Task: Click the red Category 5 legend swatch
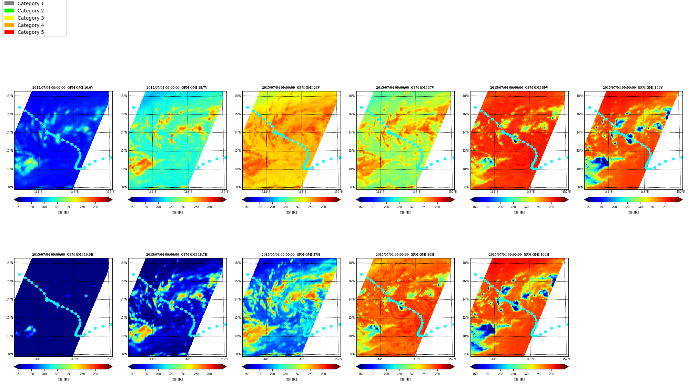click(x=9, y=32)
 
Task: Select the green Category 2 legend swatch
click(x=9, y=11)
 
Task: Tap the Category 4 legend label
click(x=31, y=25)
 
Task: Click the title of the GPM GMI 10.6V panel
click(x=63, y=88)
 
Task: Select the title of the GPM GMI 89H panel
click(x=405, y=255)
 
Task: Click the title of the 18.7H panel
click(x=177, y=255)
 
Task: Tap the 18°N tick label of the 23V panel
click(x=237, y=96)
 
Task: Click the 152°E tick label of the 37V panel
click(x=452, y=192)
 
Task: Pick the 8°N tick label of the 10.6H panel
click(x=11, y=354)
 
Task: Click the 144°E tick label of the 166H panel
click(x=494, y=359)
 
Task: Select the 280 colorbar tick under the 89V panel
click(x=551, y=207)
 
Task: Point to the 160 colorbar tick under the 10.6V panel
click(x=19, y=207)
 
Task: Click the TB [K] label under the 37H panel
click(x=291, y=380)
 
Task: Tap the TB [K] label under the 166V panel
click(x=633, y=213)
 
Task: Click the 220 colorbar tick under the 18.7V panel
click(x=171, y=207)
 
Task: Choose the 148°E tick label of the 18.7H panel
click(x=188, y=359)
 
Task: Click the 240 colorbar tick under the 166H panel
click(x=526, y=374)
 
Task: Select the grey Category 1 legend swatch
click(x=9, y=3)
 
